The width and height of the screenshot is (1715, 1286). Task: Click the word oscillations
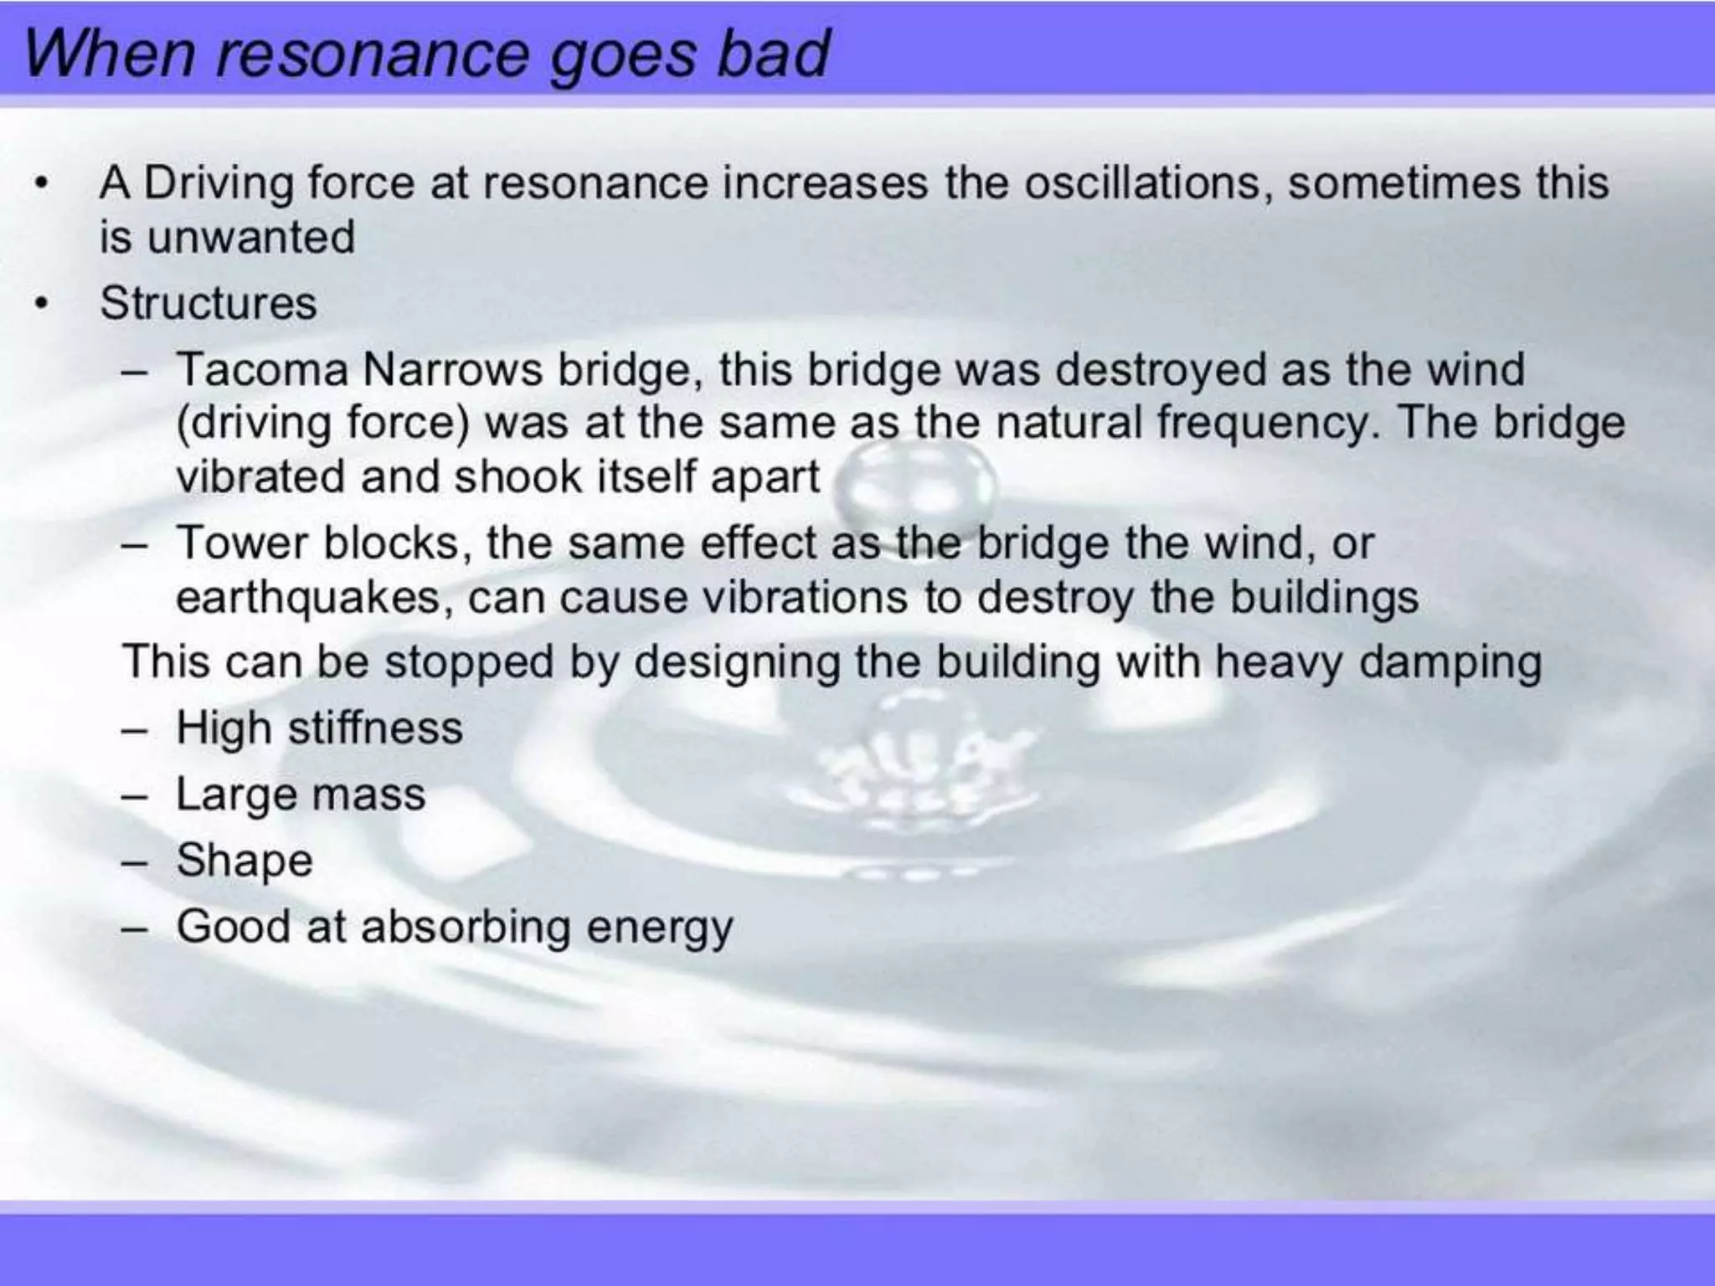[1142, 183]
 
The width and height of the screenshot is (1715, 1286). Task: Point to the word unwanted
[250, 237]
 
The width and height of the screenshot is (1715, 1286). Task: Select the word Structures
[209, 303]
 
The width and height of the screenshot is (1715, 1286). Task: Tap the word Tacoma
[261, 370]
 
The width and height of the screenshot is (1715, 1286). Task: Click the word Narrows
[452, 370]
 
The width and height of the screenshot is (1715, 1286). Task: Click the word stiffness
[375, 728]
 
